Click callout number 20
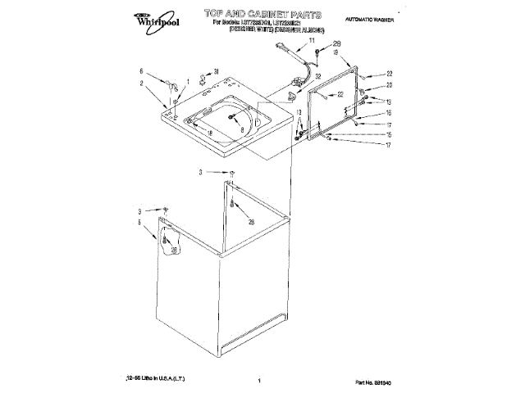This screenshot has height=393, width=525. click(x=390, y=85)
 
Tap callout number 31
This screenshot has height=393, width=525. click(x=217, y=72)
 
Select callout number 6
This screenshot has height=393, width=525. click(x=141, y=71)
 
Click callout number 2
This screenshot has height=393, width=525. click(x=141, y=83)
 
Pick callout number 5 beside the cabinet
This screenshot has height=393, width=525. click(x=139, y=222)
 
